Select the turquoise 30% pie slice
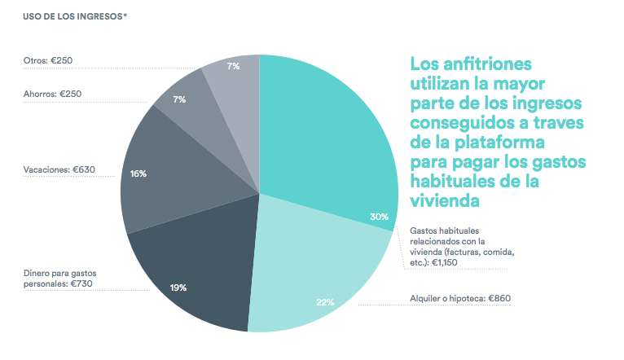point(326,138)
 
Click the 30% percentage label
point(379,217)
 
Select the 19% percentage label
point(178,288)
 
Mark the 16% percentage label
point(138,173)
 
